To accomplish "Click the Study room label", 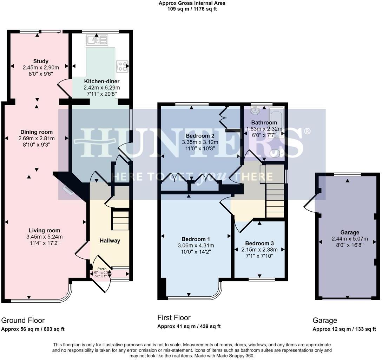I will coord(41,61).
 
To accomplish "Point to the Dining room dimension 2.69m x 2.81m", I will coord(37,138).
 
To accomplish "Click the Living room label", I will coord(44,231).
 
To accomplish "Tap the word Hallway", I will coord(110,240).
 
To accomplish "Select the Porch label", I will coord(101,269).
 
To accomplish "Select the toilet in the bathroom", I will coord(277,154).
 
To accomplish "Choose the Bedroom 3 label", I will coord(259,243).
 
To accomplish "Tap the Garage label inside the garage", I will coord(350,232).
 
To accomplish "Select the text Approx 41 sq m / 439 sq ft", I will coord(189,326).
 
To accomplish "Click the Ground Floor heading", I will coord(23,320).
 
